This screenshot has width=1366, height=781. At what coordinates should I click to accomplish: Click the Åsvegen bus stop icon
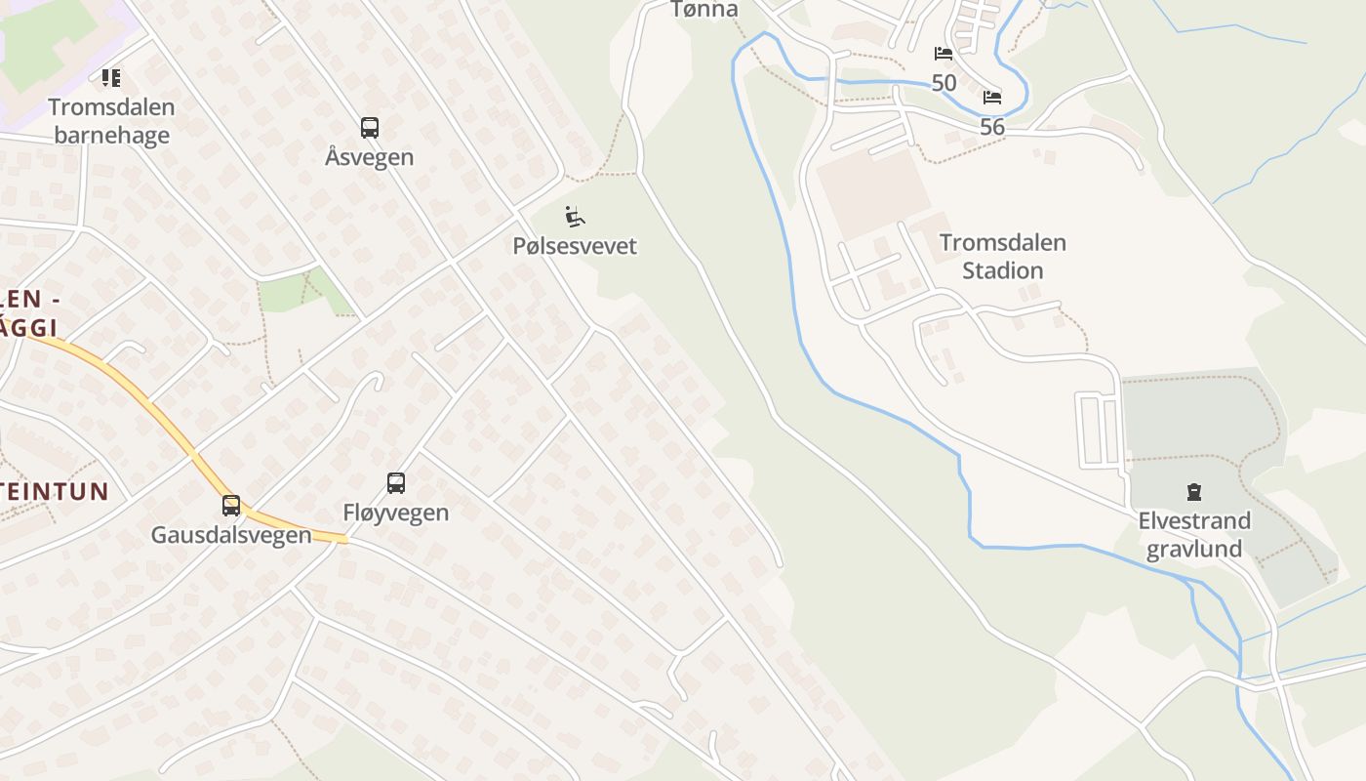tap(370, 127)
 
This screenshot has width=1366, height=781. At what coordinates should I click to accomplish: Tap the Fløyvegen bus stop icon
tap(396, 482)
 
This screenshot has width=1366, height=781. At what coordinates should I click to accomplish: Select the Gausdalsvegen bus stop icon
tap(231, 506)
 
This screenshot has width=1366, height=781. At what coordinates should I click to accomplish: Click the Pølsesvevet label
tap(575, 246)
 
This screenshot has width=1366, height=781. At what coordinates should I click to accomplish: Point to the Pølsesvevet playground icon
tap(575, 215)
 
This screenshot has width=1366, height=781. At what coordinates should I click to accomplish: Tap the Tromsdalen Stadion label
tap(1003, 256)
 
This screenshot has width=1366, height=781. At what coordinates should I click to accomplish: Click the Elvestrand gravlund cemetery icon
tap(1194, 491)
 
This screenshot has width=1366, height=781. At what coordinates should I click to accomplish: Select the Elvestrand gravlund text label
tap(1194, 534)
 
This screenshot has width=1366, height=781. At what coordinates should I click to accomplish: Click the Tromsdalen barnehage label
tap(112, 121)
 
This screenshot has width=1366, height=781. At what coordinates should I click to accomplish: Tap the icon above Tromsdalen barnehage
tap(112, 77)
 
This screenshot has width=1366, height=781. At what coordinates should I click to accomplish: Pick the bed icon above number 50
tap(944, 54)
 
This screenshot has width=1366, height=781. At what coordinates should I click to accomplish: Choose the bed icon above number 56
tap(992, 98)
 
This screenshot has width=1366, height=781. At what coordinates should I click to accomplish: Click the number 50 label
tap(944, 83)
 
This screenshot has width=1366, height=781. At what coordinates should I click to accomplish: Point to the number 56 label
tap(992, 127)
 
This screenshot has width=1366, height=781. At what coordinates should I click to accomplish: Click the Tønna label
tap(704, 10)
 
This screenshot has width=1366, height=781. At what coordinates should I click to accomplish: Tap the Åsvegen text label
tap(370, 157)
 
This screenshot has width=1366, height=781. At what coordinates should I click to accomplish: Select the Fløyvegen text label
tap(396, 513)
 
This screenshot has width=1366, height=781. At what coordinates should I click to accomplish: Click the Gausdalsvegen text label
tap(231, 535)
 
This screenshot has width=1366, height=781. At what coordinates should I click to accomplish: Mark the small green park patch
tap(293, 292)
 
